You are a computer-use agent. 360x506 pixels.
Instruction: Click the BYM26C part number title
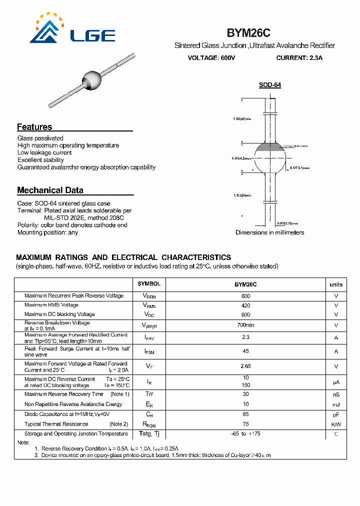tap(248, 33)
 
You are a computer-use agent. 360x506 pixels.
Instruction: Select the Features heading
tap(34, 127)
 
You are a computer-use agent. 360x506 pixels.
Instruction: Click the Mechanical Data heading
tap(50, 190)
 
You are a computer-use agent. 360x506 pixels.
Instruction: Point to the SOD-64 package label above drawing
tap(269, 85)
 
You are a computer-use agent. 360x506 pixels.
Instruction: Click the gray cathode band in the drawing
tap(269, 147)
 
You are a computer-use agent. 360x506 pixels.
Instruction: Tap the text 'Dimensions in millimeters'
tap(269, 232)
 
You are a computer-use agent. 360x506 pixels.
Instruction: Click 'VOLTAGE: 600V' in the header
tap(211, 58)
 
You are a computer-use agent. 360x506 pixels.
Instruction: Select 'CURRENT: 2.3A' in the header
tap(299, 58)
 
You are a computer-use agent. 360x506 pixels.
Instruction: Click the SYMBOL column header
tap(149, 284)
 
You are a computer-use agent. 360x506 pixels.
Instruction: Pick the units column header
tap(336, 284)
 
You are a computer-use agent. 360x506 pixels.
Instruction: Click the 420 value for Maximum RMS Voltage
tap(245, 305)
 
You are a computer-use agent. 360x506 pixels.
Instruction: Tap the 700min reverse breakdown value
tap(245, 325)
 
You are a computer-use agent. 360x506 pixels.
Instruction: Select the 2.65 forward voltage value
tap(245, 366)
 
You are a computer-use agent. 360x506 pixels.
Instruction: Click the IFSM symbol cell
tap(149, 352)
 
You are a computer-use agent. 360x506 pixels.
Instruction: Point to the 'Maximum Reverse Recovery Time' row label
tap(64, 394)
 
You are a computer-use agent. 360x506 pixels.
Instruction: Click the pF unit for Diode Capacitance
tap(336, 414)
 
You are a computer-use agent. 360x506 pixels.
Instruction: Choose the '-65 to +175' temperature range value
tap(245, 434)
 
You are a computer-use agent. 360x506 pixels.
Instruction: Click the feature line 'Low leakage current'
tap(44, 152)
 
